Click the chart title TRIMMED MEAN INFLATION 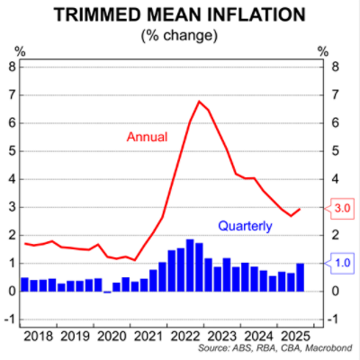(x=180, y=16)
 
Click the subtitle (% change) (x=180, y=36)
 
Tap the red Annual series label (x=147, y=137)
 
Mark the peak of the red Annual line (x=199, y=102)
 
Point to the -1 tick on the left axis (x=11, y=319)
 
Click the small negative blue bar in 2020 (x=107, y=292)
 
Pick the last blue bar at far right (x=300, y=277)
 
